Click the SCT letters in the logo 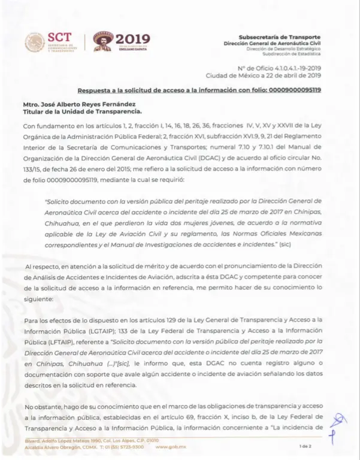coord(59,38)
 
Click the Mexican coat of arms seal coord(34,43)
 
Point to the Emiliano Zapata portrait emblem coord(104,42)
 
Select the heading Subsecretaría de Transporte coord(279,37)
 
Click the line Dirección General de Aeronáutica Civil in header coord(272,44)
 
